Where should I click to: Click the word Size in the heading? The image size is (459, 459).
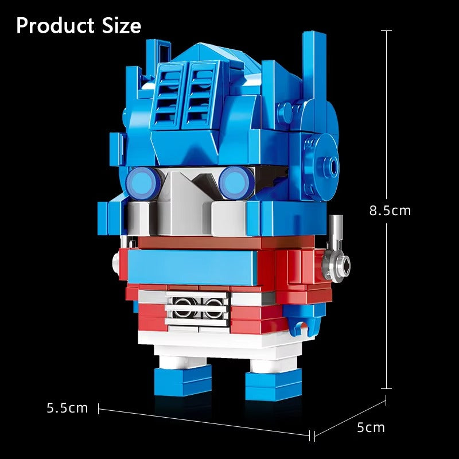(119, 26)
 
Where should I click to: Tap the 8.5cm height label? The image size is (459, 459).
(390, 210)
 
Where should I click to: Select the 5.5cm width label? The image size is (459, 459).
(67, 408)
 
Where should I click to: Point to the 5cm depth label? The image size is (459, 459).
(371, 427)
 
